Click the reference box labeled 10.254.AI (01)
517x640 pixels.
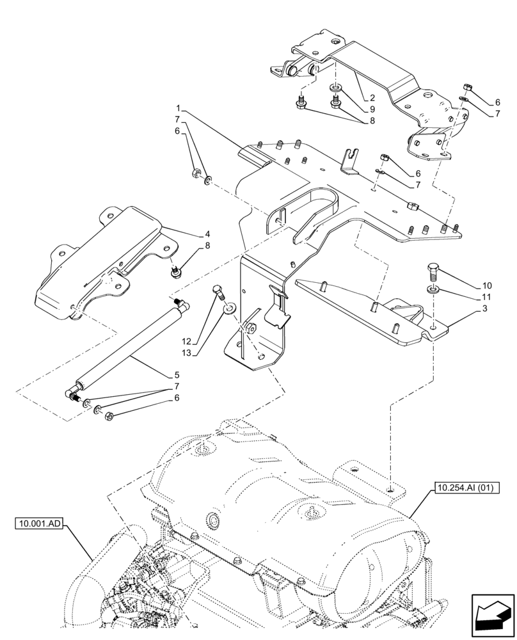click(466, 488)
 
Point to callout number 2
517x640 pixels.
click(371, 98)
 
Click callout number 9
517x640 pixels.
click(371, 109)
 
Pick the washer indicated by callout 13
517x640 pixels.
click(227, 312)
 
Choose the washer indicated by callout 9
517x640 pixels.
click(335, 87)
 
